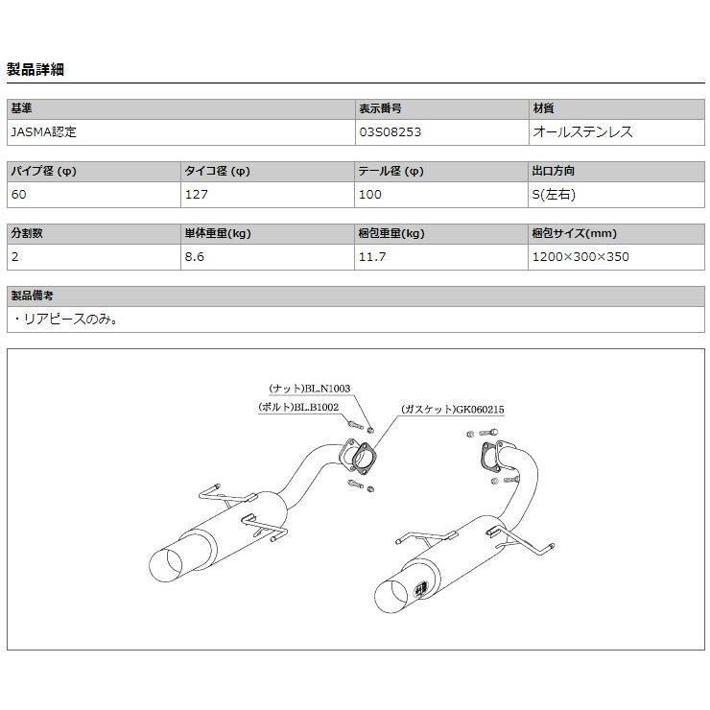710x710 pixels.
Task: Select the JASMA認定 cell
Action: tap(44, 132)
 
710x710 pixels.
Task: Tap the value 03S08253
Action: tap(390, 132)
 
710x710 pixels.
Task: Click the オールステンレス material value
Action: tap(582, 132)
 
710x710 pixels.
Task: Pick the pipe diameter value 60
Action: tap(19, 195)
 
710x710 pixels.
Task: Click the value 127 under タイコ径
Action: tap(195, 195)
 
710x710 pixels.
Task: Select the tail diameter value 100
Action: tap(369, 195)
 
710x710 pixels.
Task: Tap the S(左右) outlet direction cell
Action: tap(554, 195)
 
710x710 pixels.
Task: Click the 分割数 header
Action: tap(27, 234)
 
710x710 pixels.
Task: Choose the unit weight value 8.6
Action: tap(194, 257)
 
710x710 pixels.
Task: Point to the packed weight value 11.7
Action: tap(372, 257)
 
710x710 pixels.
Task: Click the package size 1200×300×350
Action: tap(580, 257)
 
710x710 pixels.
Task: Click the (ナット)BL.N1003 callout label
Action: tap(310, 389)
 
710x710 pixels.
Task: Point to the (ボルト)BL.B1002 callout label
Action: tap(298, 408)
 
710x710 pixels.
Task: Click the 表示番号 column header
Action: tap(379, 109)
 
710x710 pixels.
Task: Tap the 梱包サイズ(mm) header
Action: tap(574, 234)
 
